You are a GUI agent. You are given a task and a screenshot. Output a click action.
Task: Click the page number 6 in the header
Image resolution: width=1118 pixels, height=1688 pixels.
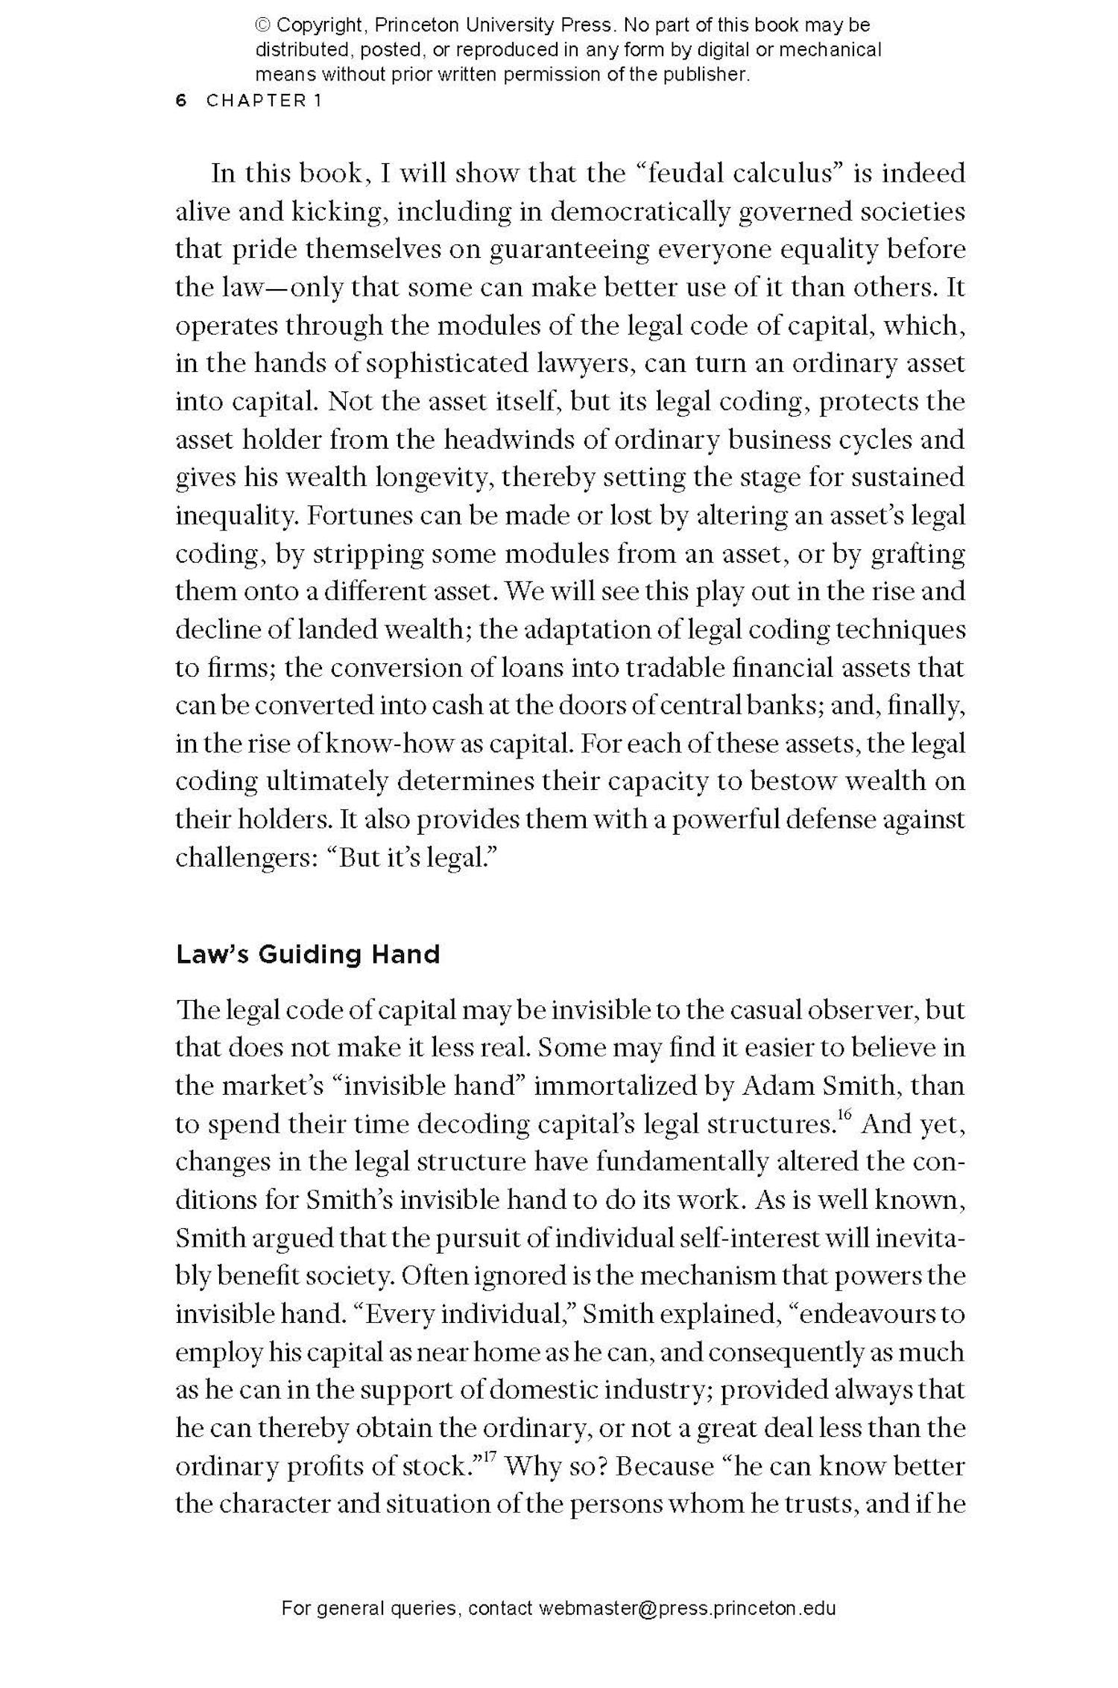coord(180,101)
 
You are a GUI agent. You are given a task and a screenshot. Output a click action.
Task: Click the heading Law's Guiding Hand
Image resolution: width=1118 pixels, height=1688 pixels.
coord(307,954)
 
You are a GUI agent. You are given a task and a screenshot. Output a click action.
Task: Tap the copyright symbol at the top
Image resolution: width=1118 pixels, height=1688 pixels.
coord(262,25)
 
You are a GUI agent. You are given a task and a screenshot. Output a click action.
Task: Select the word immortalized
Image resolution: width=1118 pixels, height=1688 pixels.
coord(615,1085)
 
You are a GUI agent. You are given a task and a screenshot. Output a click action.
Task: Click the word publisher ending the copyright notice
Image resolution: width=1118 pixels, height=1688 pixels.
coord(707,75)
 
